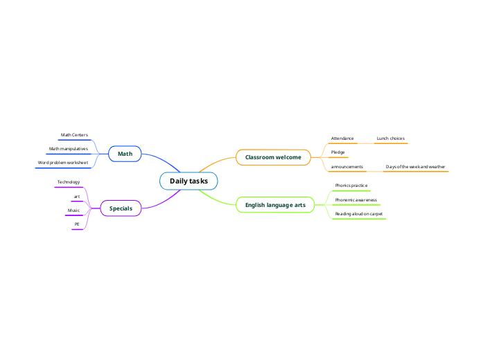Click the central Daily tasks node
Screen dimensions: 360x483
[x=188, y=181]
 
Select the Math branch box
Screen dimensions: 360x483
[x=125, y=154]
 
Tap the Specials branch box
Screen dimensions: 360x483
[x=121, y=208]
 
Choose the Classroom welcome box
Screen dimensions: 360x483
[x=273, y=158]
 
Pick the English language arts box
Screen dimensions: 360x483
[x=275, y=205]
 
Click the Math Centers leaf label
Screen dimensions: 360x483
[x=74, y=135]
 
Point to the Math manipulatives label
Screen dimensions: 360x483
[x=68, y=149]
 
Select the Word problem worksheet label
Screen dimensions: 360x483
[x=63, y=163]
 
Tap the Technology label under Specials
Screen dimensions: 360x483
[x=69, y=182]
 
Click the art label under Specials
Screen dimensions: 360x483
[x=77, y=197]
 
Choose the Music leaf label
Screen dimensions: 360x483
[x=73, y=210]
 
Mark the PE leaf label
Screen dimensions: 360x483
[x=77, y=224]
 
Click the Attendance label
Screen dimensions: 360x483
[x=342, y=138]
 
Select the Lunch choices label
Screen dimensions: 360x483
[x=390, y=138]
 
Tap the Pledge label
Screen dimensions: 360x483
[x=338, y=152]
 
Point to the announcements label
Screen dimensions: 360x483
[x=347, y=167]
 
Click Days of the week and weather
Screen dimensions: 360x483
[x=415, y=167]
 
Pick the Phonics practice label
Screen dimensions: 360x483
[x=351, y=186]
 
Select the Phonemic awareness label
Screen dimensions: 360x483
[x=355, y=200]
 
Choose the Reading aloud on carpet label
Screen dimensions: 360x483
[x=359, y=214]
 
